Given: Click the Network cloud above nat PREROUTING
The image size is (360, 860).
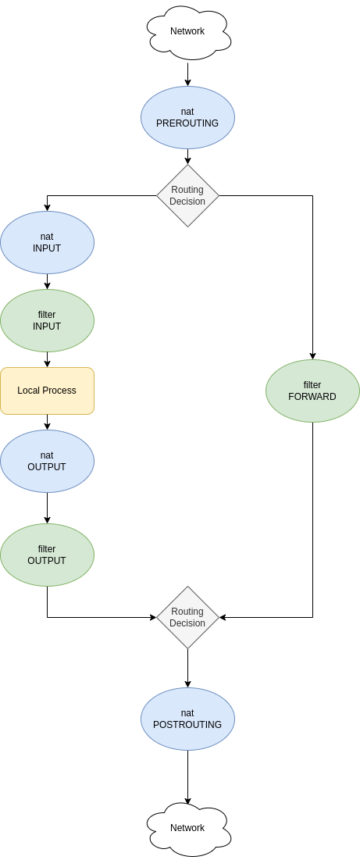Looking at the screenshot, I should pos(187,32).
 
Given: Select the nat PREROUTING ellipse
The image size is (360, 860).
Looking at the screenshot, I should pos(187,117).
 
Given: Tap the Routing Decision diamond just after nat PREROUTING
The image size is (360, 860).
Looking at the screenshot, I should pos(187,195).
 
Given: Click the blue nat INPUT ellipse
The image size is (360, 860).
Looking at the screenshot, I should pos(47,242).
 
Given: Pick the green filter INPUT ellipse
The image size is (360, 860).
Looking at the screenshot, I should pos(47,320).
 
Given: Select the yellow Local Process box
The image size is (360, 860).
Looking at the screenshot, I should pos(47,391).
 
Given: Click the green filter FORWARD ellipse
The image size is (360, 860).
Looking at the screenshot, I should pos(312,391).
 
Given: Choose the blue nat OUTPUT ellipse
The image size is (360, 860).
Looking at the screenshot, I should pos(47,461).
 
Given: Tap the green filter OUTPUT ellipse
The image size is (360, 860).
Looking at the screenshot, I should pos(47,555).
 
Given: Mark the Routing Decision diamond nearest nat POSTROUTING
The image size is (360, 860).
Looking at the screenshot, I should pos(187,617).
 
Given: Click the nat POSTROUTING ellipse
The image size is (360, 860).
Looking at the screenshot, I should pos(187,719).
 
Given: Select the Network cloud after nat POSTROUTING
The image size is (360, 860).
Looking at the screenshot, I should pos(187,828).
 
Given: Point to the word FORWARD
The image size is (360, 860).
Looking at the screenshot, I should pos(312,397).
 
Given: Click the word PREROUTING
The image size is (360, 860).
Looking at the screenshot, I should pos(187,123).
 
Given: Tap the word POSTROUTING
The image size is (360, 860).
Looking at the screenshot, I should pos(187,725).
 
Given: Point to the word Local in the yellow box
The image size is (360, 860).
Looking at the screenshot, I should pos(29,391).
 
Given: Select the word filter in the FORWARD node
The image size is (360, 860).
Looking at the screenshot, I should pos(312,385).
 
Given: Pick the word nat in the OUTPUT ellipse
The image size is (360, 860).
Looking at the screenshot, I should pos(47,455).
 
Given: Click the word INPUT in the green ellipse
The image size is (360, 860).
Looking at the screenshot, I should pos(47,327).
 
